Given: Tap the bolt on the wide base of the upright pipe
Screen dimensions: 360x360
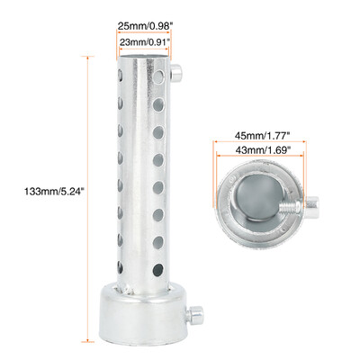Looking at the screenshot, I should point(196,315).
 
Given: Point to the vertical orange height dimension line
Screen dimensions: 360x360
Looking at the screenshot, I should point(87,191).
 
